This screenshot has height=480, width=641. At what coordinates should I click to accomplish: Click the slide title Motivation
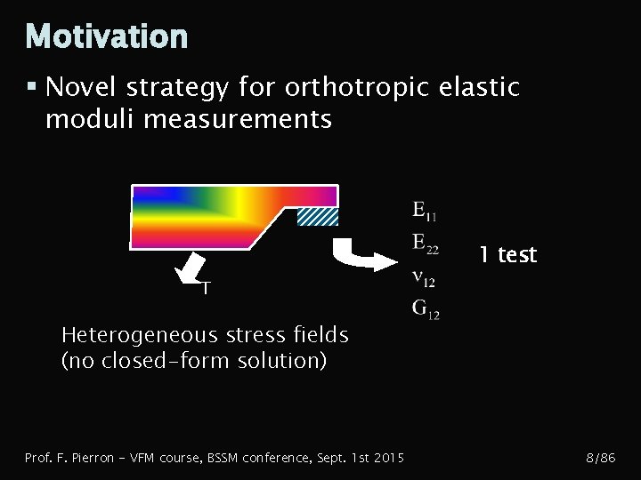pyautogui.click(x=107, y=36)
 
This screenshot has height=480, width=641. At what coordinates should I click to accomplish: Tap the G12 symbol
pyautogui.click(x=425, y=310)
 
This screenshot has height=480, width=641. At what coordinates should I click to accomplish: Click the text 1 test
pyautogui.click(x=507, y=255)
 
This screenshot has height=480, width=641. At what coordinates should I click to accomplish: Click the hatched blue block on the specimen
pyautogui.click(x=317, y=216)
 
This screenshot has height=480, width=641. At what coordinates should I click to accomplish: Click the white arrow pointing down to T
pyautogui.click(x=191, y=264)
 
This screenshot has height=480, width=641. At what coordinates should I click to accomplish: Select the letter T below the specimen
pyautogui.click(x=206, y=288)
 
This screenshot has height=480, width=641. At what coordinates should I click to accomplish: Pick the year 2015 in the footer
pyautogui.click(x=387, y=458)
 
